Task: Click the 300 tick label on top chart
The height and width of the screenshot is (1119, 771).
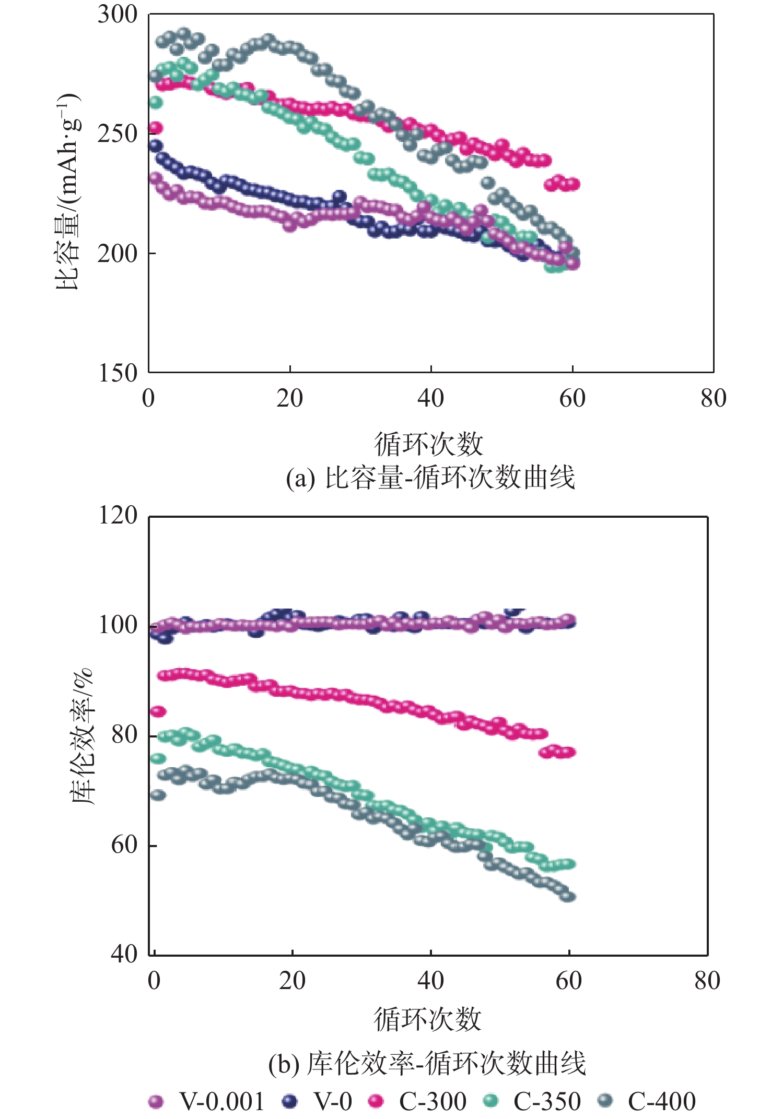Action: pyautogui.click(x=117, y=14)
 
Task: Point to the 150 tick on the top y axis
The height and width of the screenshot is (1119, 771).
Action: pyautogui.click(x=117, y=373)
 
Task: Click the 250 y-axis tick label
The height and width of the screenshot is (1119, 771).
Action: pyautogui.click(x=117, y=134)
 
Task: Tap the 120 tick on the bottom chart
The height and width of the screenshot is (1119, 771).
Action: pyautogui.click(x=118, y=516)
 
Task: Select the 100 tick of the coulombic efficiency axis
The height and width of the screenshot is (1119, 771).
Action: pyautogui.click(x=118, y=625)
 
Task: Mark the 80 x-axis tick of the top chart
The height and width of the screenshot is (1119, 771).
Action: pyautogui.click(x=714, y=399)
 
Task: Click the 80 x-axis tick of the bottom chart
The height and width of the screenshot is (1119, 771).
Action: pyautogui.click(x=707, y=981)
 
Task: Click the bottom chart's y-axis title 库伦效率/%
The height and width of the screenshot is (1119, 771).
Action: pyautogui.click(x=83, y=736)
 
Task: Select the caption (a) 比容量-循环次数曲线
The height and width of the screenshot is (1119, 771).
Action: pyautogui.click(x=430, y=478)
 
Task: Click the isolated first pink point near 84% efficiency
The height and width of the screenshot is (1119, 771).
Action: pyautogui.click(x=158, y=711)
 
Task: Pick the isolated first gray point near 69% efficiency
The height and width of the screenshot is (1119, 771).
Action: pyautogui.click(x=158, y=795)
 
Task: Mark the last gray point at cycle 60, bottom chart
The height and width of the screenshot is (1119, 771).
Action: pyautogui.click(x=568, y=897)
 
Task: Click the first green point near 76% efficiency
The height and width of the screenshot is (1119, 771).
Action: pyautogui.click(x=158, y=758)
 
